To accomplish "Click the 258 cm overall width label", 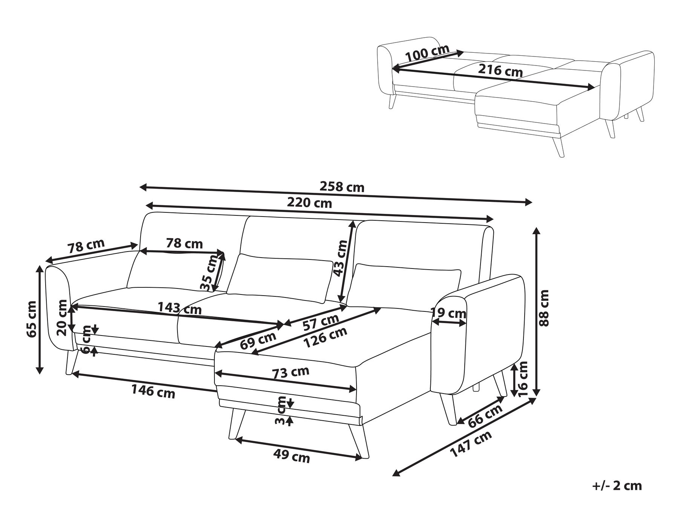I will (342, 187).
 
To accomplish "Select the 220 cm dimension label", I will (309, 203).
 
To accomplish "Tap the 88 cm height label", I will (545, 308).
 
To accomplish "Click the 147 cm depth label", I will (471, 444).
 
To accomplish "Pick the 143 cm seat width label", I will (179, 308).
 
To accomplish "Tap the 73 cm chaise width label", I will (290, 373).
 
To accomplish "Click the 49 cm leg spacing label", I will (292, 456).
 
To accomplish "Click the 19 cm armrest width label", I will (448, 313).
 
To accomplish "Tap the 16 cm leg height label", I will (523, 379).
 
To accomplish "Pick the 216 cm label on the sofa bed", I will (500, 70).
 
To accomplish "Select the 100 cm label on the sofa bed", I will (427, 53).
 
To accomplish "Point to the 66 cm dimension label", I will (485, 415).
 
